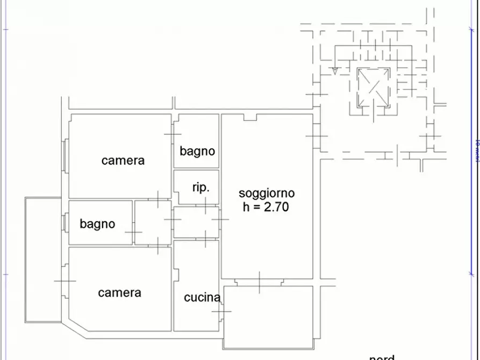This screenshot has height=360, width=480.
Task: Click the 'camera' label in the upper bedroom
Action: [x=123, y=160]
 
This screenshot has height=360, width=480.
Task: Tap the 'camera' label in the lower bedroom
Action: [x=120, y=292]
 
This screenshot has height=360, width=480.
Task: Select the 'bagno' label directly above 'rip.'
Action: [x=197, y=151]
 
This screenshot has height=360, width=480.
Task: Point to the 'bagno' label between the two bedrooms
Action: [x=97, y=224]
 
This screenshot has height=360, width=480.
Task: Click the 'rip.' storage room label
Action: [x=200, y=188]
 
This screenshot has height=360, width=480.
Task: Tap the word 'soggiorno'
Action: [x=267, y=193]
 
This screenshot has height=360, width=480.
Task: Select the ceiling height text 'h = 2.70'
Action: [x=266, y=206]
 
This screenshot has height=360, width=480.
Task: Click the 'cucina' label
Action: [x=202, y=298]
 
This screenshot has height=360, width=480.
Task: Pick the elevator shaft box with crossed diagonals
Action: [x=373, y=87]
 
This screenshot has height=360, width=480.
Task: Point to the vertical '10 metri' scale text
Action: [x=477, y=151]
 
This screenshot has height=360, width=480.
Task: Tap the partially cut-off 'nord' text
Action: [x=382, y=357]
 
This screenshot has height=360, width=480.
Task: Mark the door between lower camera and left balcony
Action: [x=65, y=280]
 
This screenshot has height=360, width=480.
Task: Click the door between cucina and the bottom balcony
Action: [x=221, y=311]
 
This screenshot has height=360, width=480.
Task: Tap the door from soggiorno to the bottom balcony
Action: [x=260, y=282]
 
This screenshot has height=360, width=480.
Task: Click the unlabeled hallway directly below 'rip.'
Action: [x=196, y=222]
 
